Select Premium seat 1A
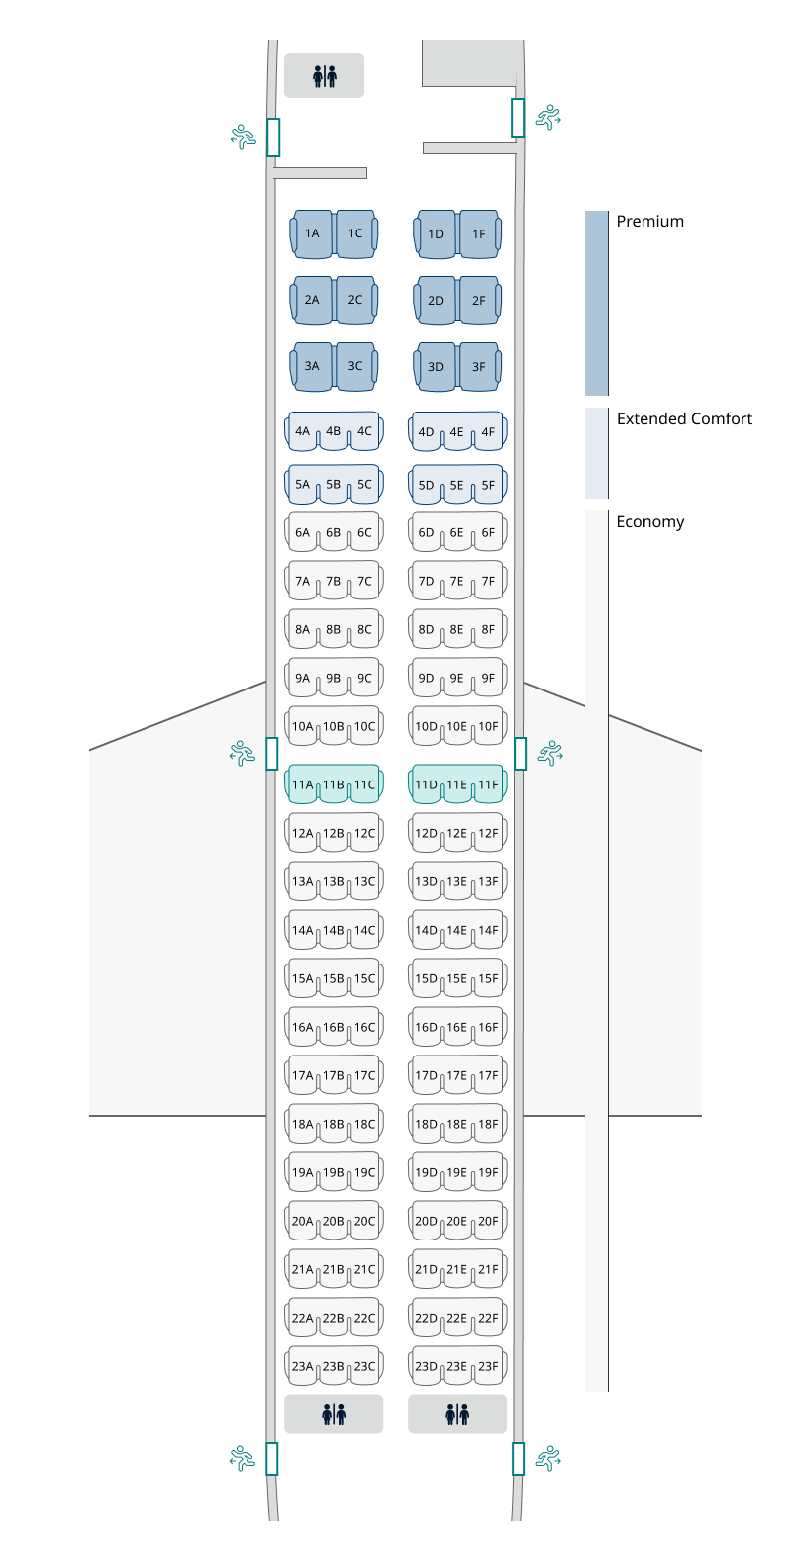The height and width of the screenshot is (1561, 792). (311, 234)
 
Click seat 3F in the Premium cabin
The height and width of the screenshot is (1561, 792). (480, 367)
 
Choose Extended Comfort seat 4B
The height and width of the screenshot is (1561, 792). (334, 431)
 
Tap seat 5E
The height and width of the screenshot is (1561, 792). (456, 485)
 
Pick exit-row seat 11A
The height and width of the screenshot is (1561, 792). (302, 784)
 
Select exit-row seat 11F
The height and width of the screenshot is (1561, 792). (489, 784)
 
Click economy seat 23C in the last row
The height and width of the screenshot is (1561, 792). (364, 1366)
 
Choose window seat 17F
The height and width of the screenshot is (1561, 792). (489, 1075)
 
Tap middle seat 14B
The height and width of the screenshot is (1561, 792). (334, 930)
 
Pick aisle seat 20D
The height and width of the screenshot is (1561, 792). (426, 1221)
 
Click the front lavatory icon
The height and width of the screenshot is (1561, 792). (325, 76)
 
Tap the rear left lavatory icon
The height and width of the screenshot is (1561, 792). (334, 1415)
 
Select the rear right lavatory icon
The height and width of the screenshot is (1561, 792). (457, 1415)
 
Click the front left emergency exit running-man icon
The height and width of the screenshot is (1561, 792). (244, 138)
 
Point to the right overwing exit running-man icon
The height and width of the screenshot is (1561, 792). (550, 754)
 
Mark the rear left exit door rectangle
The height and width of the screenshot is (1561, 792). (272, 1458)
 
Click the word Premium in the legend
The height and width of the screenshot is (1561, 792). (649, 222)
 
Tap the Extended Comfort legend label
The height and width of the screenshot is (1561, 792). (685, 418)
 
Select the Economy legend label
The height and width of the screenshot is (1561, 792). (650, 522)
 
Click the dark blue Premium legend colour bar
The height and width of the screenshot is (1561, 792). (596, 303)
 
